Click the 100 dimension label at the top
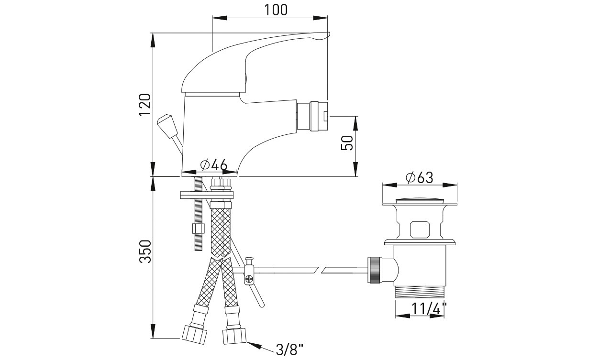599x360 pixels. click(x=276, y=10)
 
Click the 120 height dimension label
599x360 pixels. click(x=145, y=105)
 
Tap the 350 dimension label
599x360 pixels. click(x=145, y=252)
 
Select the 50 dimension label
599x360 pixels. click(x=347, y=143)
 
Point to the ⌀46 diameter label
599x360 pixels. click(x=214, y=165)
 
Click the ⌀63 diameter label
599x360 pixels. click(x=419, y=177)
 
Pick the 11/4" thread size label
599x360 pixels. click(x=429, y=309)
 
